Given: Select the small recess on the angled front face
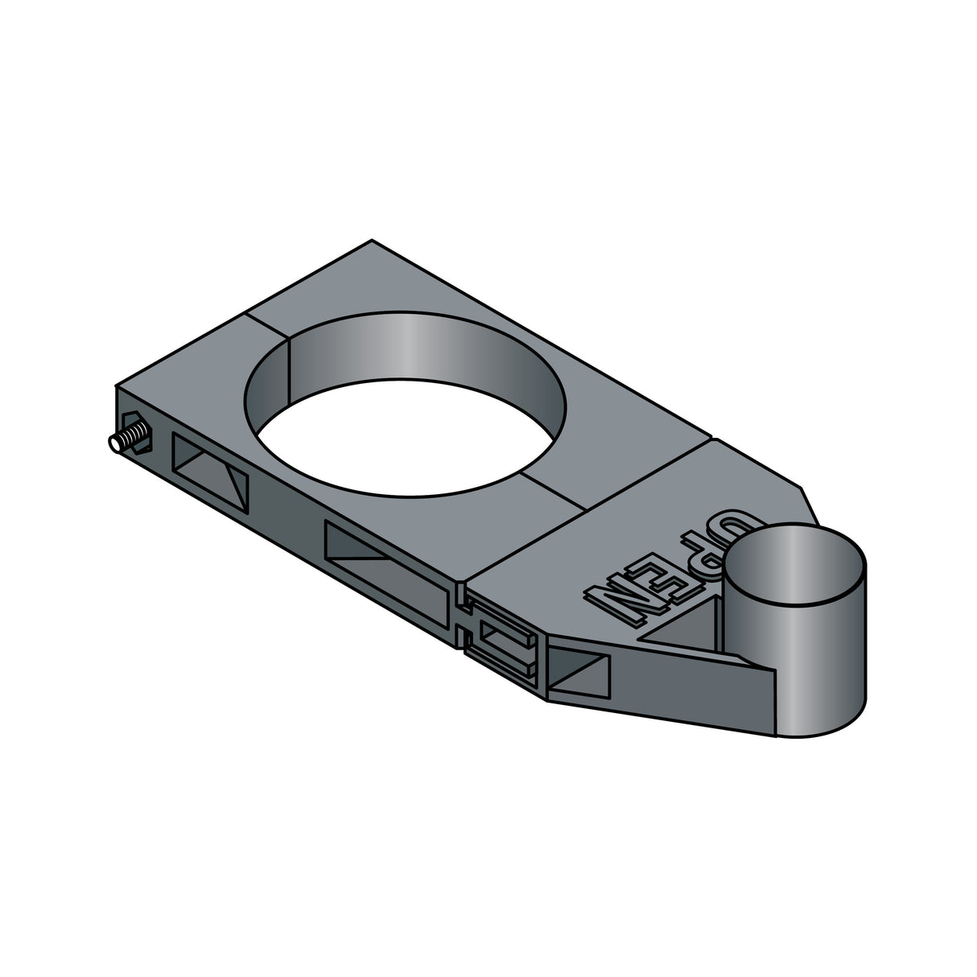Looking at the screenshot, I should click(579, 671).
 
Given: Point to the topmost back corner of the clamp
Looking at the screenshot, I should click(372, 241).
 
